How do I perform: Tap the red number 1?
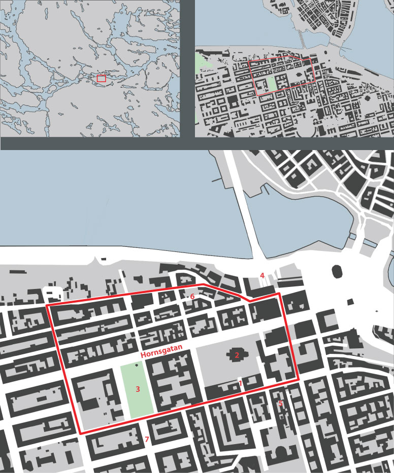[241, 383]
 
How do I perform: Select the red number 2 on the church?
[237, 355]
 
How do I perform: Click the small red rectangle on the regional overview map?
[102, 79]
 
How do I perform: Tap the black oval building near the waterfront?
[337, 271]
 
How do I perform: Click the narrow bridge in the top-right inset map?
[303, 40]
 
